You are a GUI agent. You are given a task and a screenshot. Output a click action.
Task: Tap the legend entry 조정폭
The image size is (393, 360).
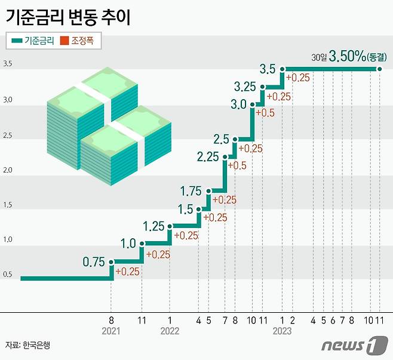click(x=81, y=41)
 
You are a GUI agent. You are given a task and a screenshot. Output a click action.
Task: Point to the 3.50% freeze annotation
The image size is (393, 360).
click(x=350, y=57)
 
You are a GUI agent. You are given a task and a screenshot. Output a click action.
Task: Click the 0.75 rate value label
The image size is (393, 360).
click(x=94, y=261)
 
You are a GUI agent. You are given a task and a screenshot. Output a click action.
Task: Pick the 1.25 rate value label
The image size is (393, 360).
click(x=153, y=226)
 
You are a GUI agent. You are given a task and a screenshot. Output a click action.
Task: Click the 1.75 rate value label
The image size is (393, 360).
click(x=191, y=191)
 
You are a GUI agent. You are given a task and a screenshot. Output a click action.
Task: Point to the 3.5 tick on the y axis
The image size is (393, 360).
click(x=8, y=64)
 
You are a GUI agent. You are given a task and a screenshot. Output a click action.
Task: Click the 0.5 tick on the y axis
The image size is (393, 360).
click(x=8, y=275)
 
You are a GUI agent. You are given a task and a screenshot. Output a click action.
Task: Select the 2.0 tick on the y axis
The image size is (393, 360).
click(x=8, y=170)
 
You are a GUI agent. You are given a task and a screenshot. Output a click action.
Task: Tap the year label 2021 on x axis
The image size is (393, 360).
click(x=112, y=331)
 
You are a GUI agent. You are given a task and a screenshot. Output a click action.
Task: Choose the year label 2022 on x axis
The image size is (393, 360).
click(x=170, y=331)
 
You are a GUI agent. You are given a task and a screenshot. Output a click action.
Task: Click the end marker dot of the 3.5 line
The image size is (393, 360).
click(x=380, y=69)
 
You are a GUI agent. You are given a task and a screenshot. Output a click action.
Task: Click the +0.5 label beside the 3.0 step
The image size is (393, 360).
click(x=266, y=113)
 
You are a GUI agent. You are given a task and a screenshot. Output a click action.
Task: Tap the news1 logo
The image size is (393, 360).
click(x=350, y=344)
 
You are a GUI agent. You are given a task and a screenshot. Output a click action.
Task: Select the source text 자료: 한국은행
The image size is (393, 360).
click(x=27, y=345)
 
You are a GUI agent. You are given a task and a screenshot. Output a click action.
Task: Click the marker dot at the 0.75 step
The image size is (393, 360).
click(x=112, y=261)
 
